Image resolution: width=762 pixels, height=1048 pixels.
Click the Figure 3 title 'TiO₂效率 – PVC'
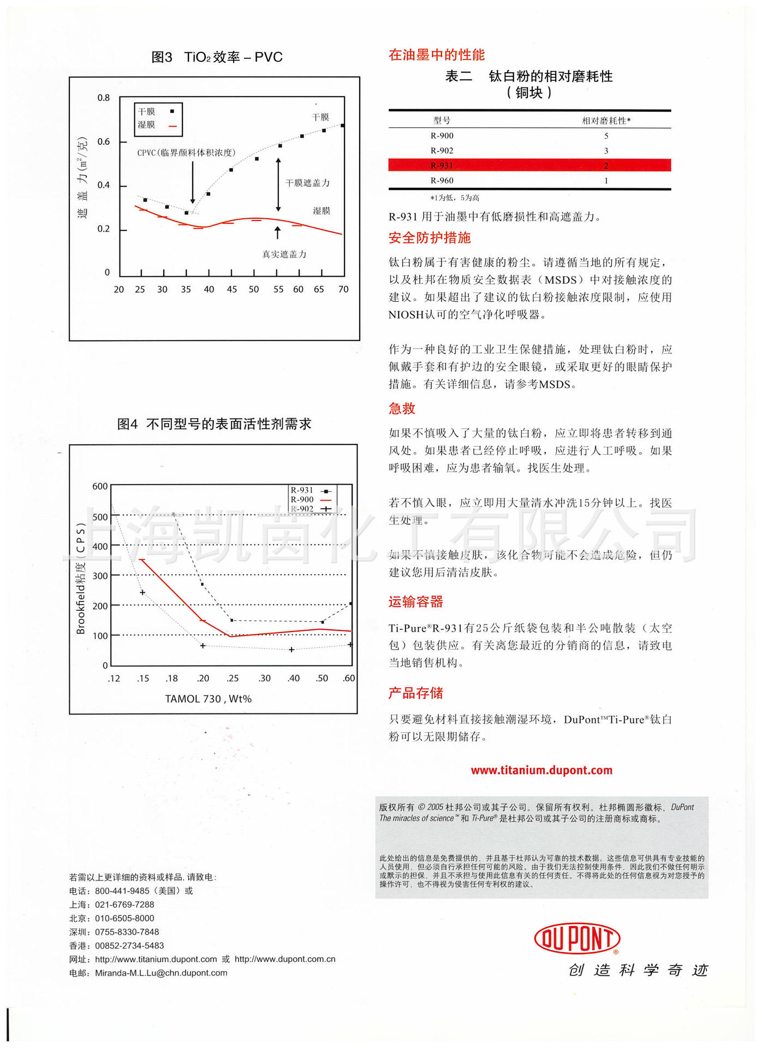pyautogui.click(x=233, y=57)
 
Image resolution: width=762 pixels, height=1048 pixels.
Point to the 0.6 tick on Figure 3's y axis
pyautogui.click(x=103, y=142)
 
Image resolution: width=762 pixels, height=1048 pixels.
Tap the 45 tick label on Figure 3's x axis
pyautogui.click(x=232, y=289)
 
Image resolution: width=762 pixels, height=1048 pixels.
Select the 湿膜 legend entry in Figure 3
pyautogui.click(x=146, y=125)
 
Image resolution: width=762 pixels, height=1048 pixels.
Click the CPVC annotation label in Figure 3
pyautogui.click(x=186, y=153)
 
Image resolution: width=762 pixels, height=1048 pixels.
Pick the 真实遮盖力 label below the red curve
pyautogui.click(x=284, y=254)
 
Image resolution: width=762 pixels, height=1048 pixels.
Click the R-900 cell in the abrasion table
pyautogui.click(x=442, y=136)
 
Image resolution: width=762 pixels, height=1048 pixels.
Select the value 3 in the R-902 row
pyautogui.click(x=606, y=151)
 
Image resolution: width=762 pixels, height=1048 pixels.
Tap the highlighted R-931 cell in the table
pyautogui.click(x=442, y=165)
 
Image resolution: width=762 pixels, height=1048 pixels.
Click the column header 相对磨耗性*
pyautogui.click(x=606, y=121)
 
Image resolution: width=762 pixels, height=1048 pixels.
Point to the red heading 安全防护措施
pyautogui.click(x=429, y=238)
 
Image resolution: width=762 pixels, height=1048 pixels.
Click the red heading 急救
pyautogui.click(x=402, y=408)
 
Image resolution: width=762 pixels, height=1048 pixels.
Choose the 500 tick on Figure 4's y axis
pyautogui.click(x=100, y=516)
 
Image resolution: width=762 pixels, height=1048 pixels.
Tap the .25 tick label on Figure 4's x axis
pyautogui.click(x=233, y=678)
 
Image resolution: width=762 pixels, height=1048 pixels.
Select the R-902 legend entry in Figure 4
pyautogui.click(x=302, y=509)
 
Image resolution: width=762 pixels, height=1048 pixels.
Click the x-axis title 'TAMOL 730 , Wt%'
pyautogui.click(x=208, y=699)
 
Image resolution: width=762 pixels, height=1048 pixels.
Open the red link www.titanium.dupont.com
pyautogui.click(x=541, y=770)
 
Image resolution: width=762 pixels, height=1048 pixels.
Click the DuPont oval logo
pyautogui.click(x=576, y=938)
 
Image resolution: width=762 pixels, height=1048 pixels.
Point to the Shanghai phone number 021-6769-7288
pyautogui.click(x=124, y=904)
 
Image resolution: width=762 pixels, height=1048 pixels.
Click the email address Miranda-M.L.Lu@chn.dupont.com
pyautogui.click(x=161, y=973)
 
